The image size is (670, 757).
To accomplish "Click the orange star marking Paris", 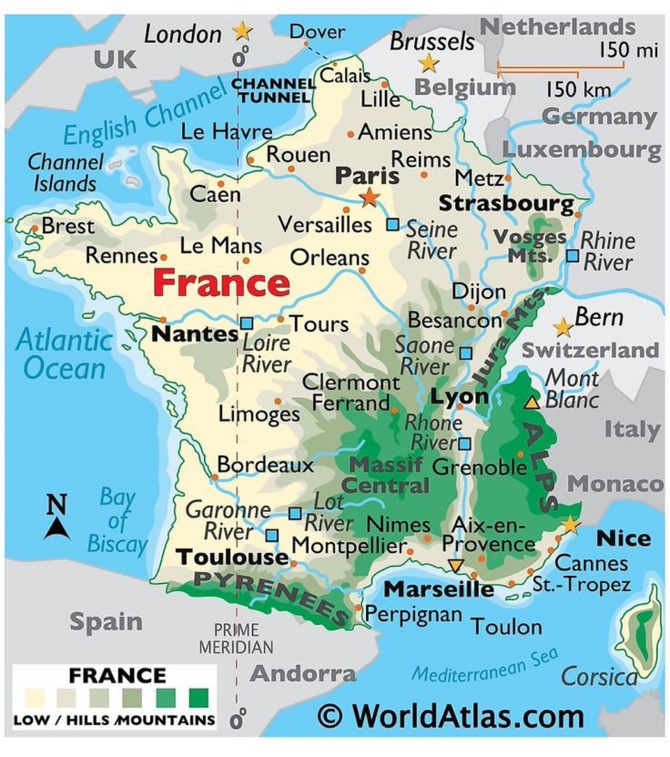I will pos(370,198).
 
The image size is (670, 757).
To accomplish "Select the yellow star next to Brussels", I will pos(429,63).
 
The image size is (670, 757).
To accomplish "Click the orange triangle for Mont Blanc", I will pos(532,402).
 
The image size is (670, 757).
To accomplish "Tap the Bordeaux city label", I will pos(265,465).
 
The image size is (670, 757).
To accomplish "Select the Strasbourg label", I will pos(507,203).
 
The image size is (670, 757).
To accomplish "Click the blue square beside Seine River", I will pos(393,224).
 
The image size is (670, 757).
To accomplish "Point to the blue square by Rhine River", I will pos(572,256).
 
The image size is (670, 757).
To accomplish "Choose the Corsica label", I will pos(599,677).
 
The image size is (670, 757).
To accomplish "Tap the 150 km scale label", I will pos(579,90).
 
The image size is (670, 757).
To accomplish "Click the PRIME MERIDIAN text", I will pos(237,638).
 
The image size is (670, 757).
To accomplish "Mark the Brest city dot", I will pos(35,228).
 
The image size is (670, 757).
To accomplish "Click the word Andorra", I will pos(303,673).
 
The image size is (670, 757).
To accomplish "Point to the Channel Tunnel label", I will pos(274,90).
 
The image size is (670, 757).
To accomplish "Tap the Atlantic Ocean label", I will pos(64,354).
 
